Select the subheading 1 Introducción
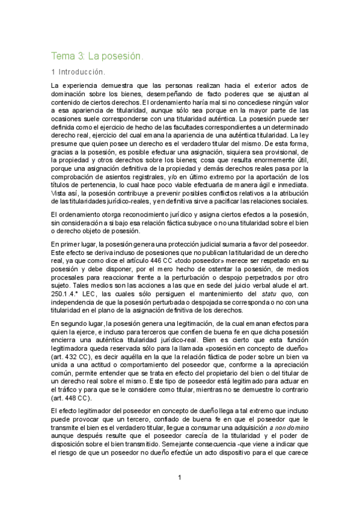tap(78, 72)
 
